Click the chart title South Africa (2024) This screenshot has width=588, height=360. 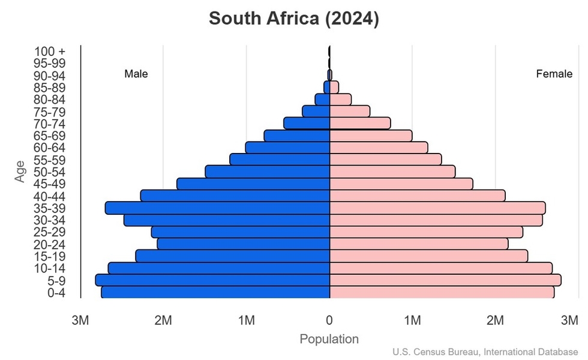coord(293,19)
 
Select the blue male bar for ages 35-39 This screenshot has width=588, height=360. coord(218,208)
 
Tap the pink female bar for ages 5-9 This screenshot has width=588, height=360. coord(445,280)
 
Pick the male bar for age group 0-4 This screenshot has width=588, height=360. coord(215,292)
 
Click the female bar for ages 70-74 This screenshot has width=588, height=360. coord(360,123)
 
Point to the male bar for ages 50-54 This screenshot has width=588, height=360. coord(268,172)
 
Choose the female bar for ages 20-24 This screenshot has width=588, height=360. coord(419,244)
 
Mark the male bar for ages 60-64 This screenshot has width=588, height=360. coord(288,148)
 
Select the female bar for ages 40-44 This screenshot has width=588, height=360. coord(418,196)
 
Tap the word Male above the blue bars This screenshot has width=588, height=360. coord(136,74)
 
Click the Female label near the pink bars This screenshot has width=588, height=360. coord(554,74)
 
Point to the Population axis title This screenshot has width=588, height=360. coord(329,339)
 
